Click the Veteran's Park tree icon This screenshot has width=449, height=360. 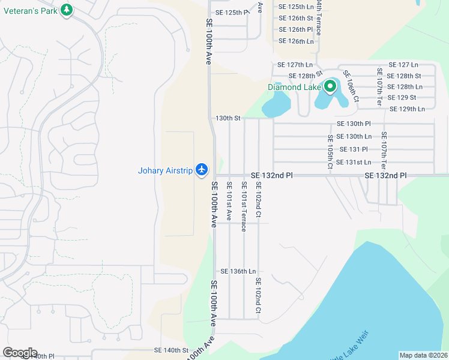coord(67,10)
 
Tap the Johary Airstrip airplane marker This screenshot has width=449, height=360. coord(202,170)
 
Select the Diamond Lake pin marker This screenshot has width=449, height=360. coord(330,88)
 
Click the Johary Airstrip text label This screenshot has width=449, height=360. coord(165,171)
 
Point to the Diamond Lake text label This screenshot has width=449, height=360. coord(294,87)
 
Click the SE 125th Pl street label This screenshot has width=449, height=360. coord(232,12)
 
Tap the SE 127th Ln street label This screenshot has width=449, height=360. coord(295,64)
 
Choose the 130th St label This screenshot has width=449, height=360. coord(228,118)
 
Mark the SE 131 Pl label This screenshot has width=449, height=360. coord(354,149)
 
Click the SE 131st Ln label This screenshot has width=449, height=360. coord(354,162)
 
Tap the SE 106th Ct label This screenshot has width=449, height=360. coord(351,86)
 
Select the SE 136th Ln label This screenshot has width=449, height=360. coord(238,271)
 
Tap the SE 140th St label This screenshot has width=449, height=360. coord(171,350)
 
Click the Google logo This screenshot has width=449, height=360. coord(20,353)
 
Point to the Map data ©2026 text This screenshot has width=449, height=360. coord(424,355)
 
